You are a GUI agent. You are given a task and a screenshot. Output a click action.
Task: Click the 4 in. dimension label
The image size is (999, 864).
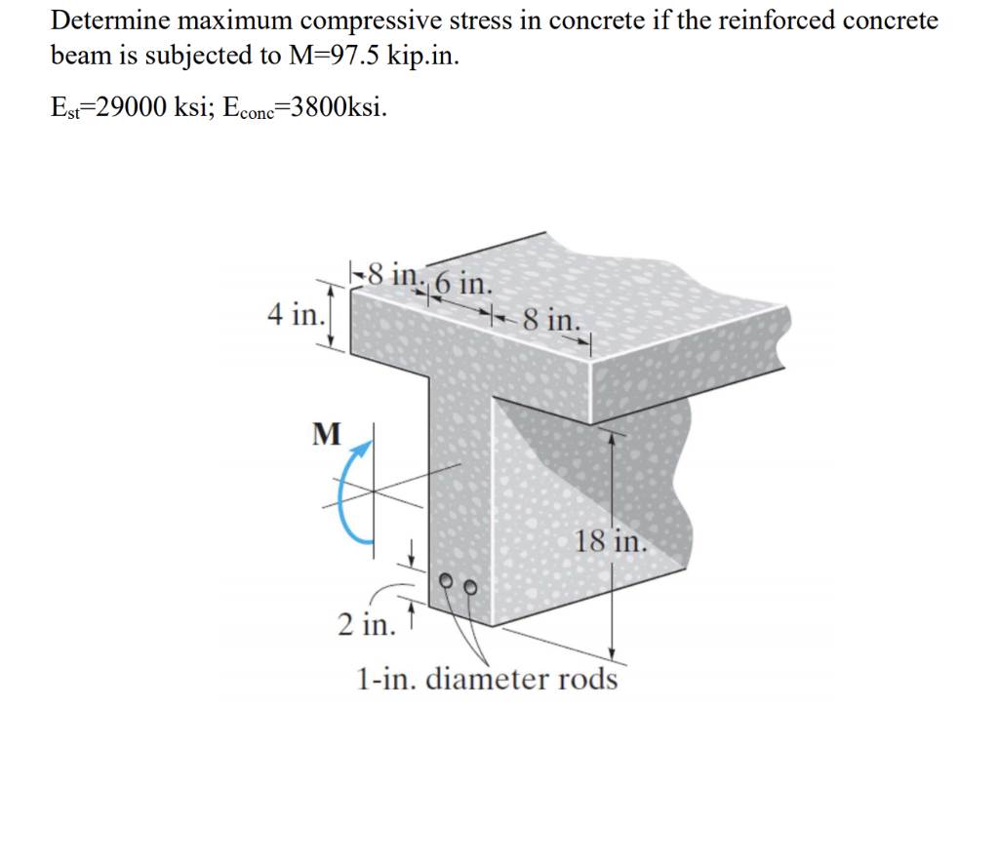click(x=294, y=315)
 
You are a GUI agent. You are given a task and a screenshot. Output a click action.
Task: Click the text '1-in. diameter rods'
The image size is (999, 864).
click(x=487, y=677)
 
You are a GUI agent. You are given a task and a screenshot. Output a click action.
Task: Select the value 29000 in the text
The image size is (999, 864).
click(x=129, y=106)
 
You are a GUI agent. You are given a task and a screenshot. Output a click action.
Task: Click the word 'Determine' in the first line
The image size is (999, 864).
click(x=108, y=20)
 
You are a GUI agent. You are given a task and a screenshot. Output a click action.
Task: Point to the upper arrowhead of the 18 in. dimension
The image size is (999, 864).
click(x=612, y=439)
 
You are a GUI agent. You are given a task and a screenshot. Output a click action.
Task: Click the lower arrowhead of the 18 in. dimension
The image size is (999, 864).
click(x=612, y=652)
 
